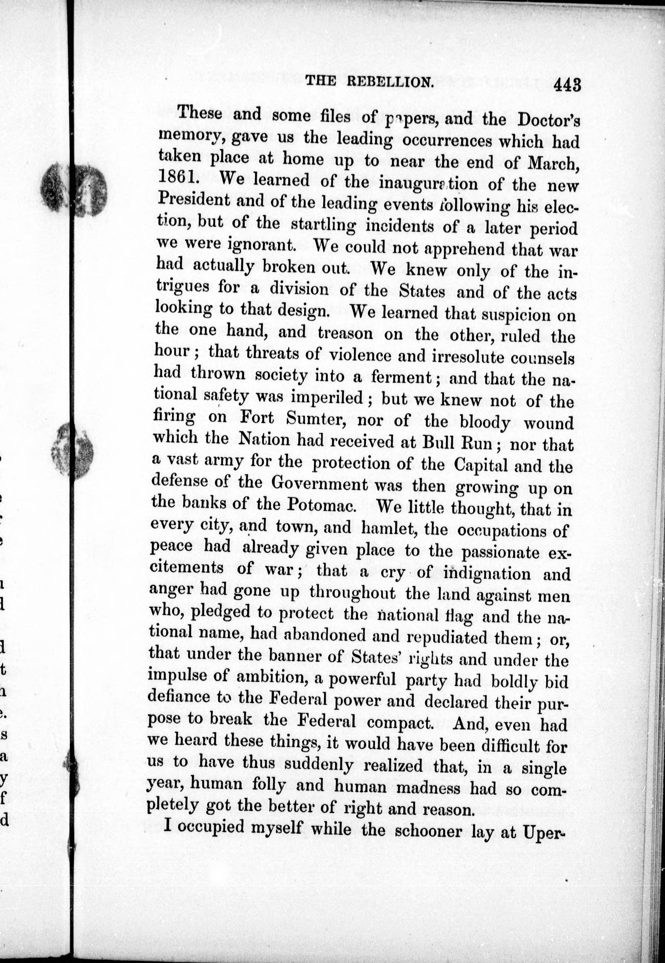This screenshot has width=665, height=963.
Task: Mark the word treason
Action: click(346, 334)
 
